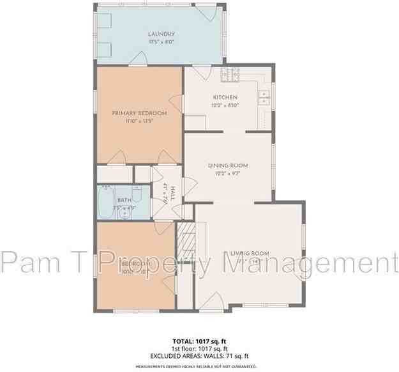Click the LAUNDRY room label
(162, 34)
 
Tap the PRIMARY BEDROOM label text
(139, 113)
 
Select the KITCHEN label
(225, 97)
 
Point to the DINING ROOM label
(228, 166)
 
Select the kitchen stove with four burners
(230, 75)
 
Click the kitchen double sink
(264, 98)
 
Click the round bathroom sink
(125, 213)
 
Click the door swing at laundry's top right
(204, 12)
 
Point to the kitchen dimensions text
(225, 106)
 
